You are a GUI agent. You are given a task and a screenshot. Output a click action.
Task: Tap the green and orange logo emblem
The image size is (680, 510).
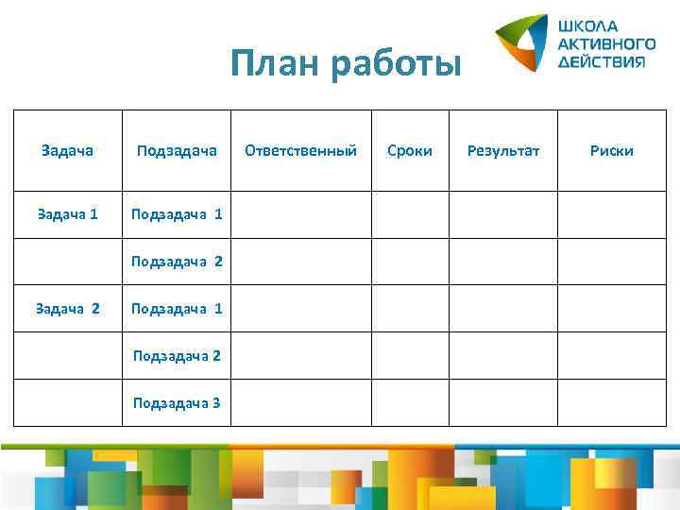(x=522, y=43)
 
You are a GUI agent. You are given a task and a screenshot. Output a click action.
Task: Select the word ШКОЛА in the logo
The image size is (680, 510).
(x=587, y=25)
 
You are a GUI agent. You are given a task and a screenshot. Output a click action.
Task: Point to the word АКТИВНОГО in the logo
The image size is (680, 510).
(x=606, y=43)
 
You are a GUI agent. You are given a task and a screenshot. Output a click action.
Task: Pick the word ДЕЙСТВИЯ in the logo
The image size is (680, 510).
(x=602, y=61)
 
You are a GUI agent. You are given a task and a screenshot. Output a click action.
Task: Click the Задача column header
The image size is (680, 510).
(x=68, y=150)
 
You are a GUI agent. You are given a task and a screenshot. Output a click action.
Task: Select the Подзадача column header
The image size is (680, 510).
(x=177, y=150)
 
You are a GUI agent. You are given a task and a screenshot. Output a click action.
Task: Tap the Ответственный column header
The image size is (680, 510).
(x=300, y=150)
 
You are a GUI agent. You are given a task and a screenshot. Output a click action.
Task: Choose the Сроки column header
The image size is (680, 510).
(x=410, y=150)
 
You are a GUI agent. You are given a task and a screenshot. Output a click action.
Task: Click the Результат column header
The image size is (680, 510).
(x=503, y=150)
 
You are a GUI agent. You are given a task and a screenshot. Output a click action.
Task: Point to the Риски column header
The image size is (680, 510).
(x=611, y=150)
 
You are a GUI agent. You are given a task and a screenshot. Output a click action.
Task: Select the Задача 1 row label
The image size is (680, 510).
(x=67, y=214)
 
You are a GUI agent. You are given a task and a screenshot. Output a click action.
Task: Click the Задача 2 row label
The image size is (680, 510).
(x=67, y=308)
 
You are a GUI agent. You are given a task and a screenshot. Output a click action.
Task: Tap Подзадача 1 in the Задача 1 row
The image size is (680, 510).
(x=178, y=214)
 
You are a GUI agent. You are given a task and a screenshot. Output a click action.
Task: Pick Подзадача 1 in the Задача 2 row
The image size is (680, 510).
(x=178, y=308)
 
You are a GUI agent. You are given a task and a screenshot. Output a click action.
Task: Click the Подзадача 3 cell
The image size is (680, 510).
(x=177, y=402)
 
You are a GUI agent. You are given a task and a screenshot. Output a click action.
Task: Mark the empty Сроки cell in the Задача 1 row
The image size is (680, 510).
(x=409, y=214)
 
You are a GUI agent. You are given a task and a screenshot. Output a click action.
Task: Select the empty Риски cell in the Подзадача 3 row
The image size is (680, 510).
(x=611, y=402)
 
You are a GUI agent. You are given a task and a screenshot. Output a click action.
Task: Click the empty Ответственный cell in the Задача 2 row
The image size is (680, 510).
(x=300, y=308)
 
